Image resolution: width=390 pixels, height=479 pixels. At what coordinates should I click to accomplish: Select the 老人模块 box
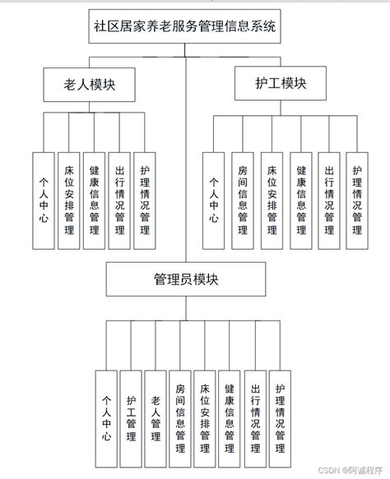[x=88, y=84]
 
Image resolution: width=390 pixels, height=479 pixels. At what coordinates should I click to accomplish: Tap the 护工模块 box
[x=281, y=84]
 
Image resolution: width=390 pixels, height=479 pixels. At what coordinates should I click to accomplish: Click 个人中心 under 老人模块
[x=43, y=200]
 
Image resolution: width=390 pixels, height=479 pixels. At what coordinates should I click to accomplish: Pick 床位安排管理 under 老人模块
[x=68, y=200]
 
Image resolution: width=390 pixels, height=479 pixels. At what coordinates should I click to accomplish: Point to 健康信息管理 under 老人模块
[x=94, y=200]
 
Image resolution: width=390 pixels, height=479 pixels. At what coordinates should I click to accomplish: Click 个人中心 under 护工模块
[x=213, y=200]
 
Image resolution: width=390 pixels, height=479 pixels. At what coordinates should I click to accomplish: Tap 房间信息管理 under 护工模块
[x=242, y=200]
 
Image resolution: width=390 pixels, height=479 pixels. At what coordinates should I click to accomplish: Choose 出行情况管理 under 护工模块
[x=328, y=200]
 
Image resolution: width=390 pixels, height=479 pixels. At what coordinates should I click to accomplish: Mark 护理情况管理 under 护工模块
[x=356, y=200]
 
